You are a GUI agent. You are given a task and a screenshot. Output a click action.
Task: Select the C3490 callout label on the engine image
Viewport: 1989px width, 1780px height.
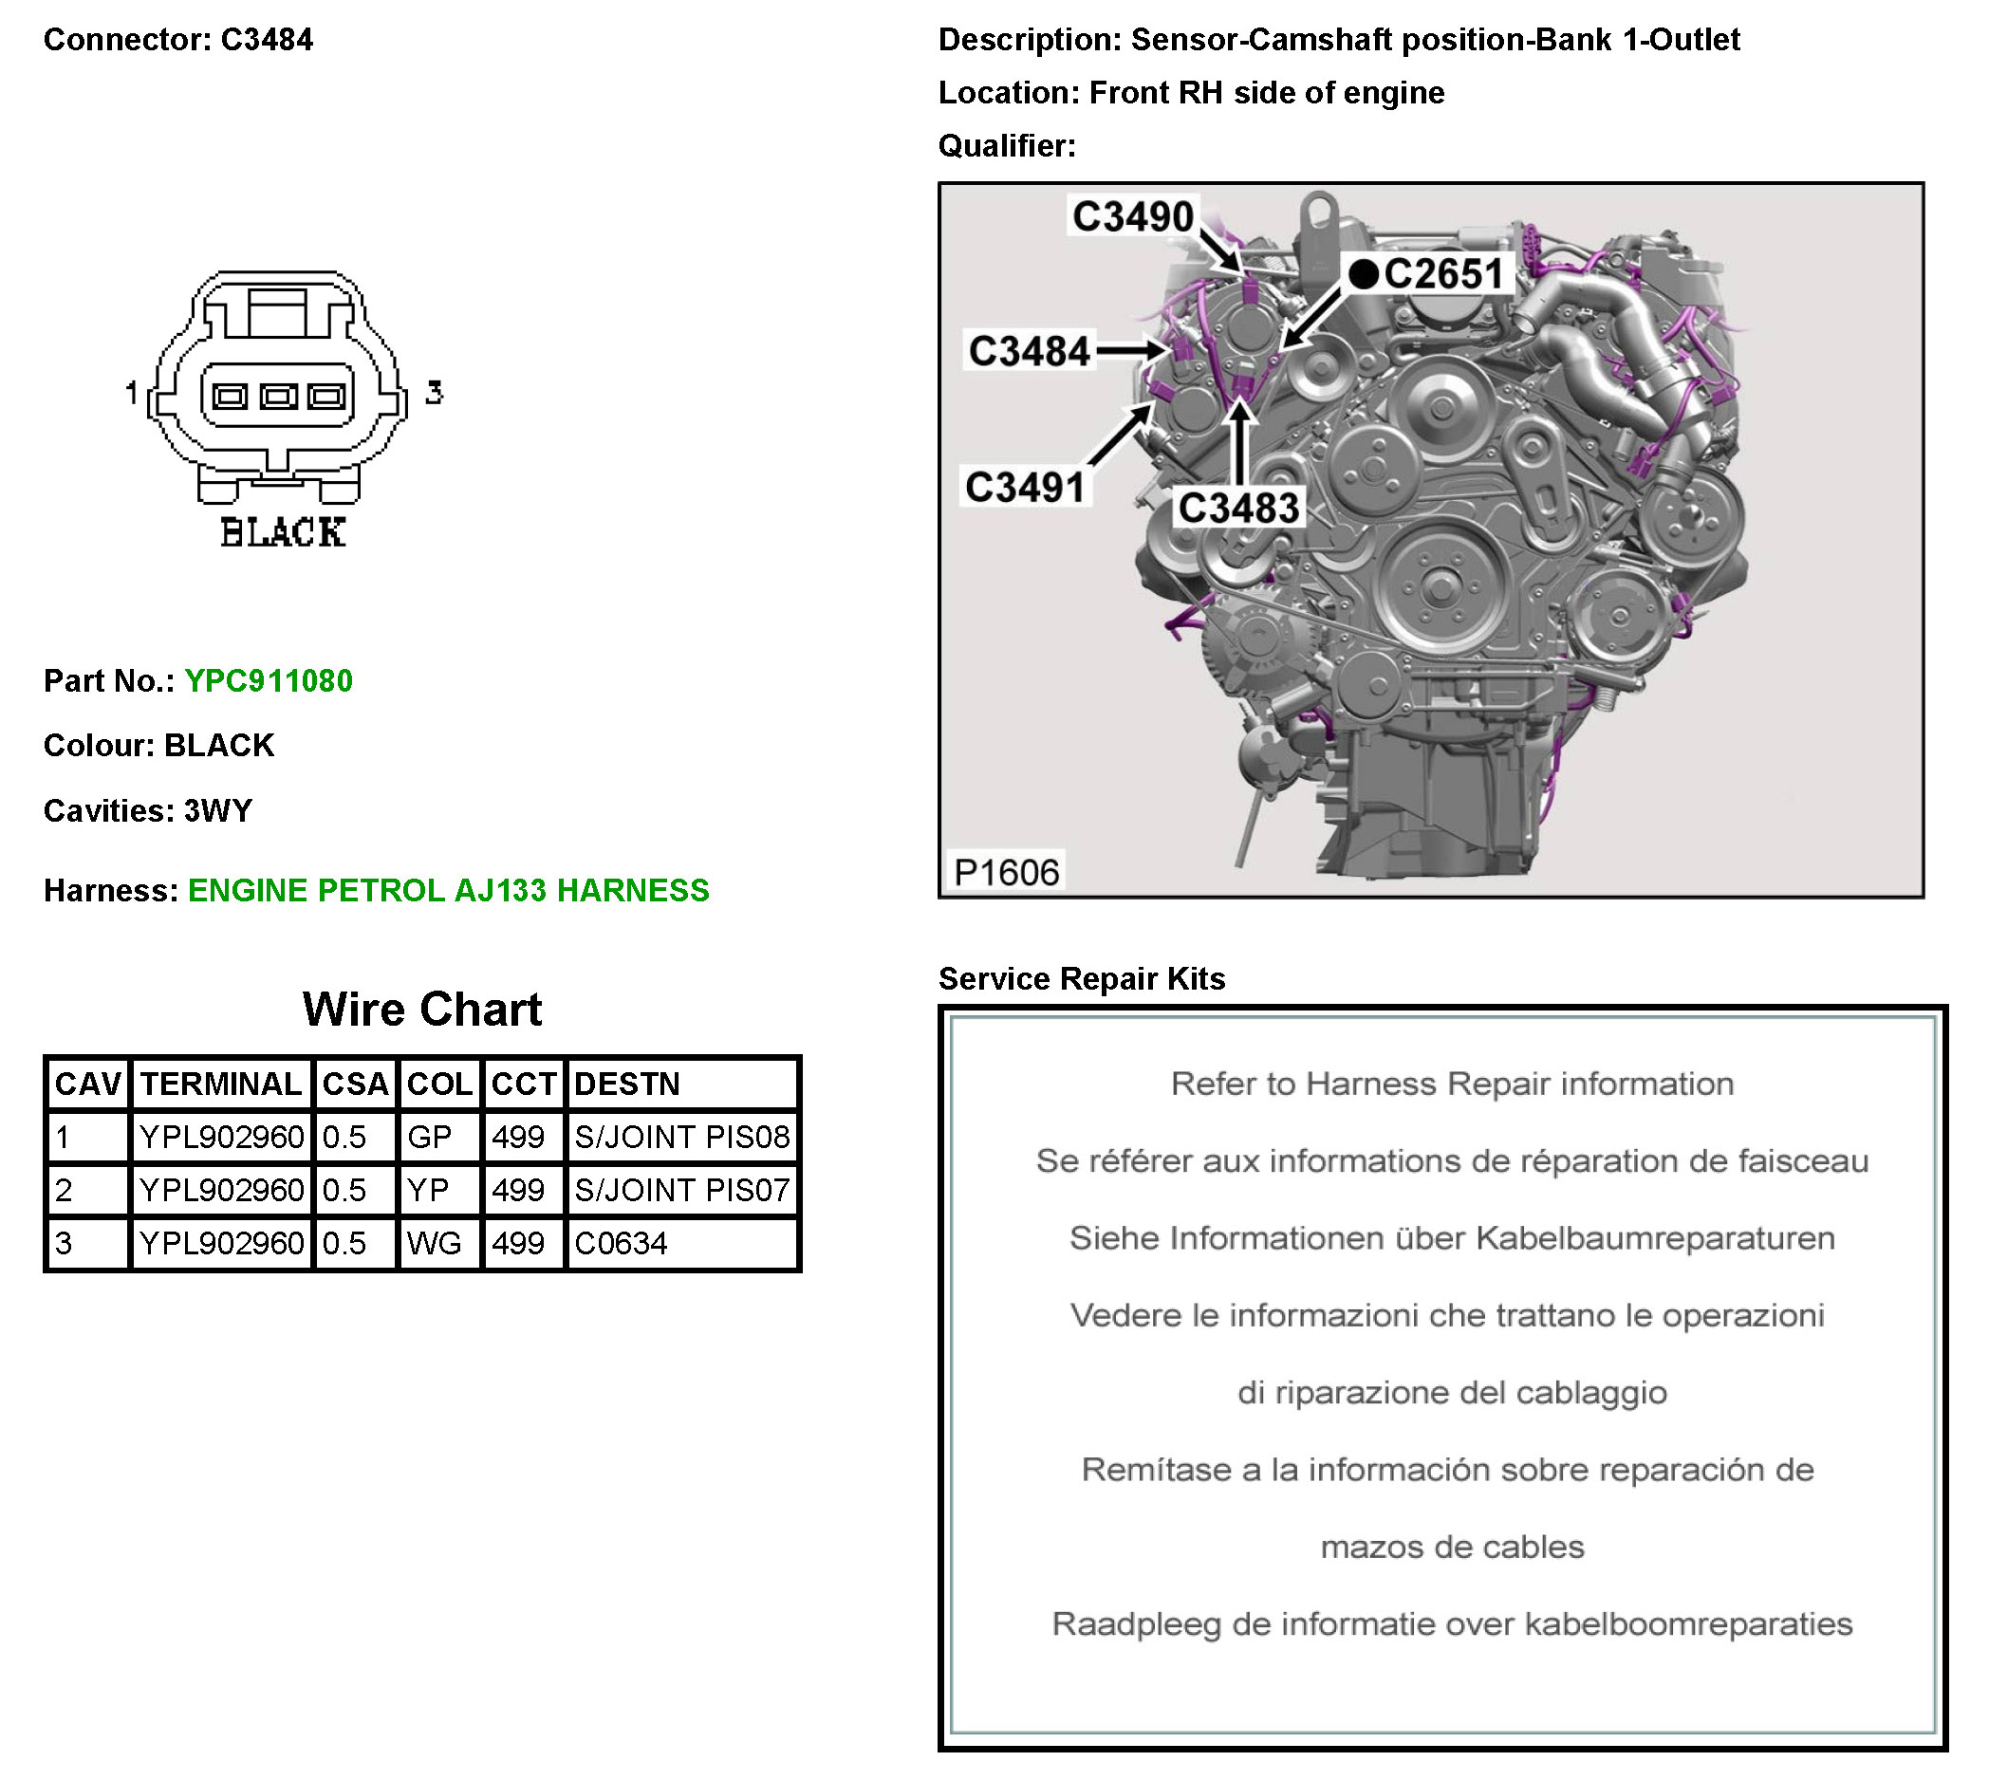(1132, 216)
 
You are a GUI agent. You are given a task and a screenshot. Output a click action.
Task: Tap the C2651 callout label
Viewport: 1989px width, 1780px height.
(1443, 274)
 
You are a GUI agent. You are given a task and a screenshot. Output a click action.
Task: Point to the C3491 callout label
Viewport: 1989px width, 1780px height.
(1024, 487)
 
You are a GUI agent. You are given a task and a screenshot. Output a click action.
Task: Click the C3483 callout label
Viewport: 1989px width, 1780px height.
(1238, 508)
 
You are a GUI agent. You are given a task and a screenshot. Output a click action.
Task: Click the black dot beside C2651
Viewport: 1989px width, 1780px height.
(1363, 274)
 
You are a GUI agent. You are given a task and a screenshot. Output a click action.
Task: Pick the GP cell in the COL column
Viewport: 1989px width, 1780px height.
(430, 1137)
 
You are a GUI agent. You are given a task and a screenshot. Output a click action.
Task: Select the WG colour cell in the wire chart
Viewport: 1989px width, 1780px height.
(434, 1243)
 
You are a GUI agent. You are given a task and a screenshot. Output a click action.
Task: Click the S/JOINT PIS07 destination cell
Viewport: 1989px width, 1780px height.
(681, 1190)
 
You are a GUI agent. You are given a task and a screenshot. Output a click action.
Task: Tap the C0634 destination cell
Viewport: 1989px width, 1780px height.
(621, 1243)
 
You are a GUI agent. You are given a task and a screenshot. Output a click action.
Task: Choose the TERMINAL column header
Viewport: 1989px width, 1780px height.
(221, 1084)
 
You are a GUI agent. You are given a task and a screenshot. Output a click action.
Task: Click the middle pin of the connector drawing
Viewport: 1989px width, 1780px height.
(278, 396)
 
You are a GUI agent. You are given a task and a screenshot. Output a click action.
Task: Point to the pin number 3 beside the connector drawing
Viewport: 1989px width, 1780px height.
(434, 393)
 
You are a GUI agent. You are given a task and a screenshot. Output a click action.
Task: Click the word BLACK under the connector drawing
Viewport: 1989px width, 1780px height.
(283, 533)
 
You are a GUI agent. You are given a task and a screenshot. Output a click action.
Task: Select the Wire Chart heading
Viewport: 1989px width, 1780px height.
(421, 1010)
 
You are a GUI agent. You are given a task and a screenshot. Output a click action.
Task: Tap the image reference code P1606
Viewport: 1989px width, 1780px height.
(1006, 871)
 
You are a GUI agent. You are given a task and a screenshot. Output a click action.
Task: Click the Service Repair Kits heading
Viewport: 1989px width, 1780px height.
(1081, 978)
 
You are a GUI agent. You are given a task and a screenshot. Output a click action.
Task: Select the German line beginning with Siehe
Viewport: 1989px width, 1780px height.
(1451, 1238)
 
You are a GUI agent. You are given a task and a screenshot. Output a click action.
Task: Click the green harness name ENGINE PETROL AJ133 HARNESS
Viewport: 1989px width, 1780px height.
(448, 890)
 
